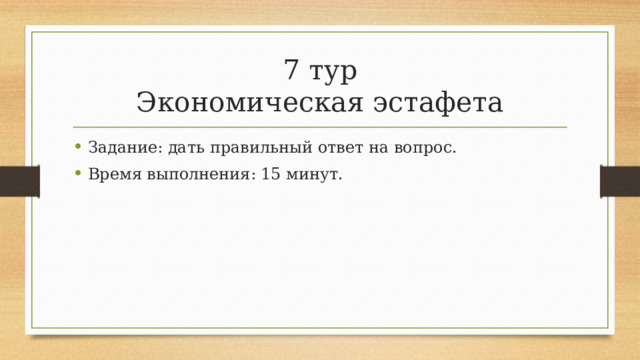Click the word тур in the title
tap(332, 72)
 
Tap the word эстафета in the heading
tap(438, 103)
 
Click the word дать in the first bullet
tap(186, 149)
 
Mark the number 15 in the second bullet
tap(260, 175)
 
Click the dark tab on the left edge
tap(19, 181)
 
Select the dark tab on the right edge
tap(620, 181)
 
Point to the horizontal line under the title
tap(320, 128)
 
